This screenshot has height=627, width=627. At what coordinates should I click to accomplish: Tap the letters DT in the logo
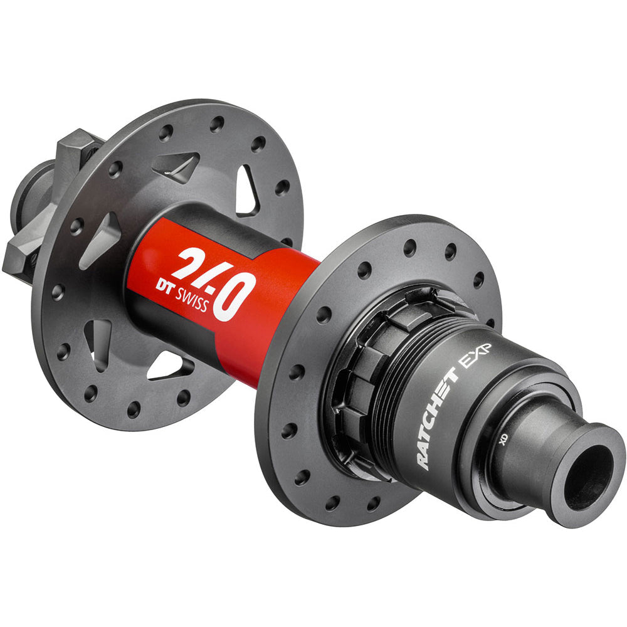pyautogui.click(x=164, y=285)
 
